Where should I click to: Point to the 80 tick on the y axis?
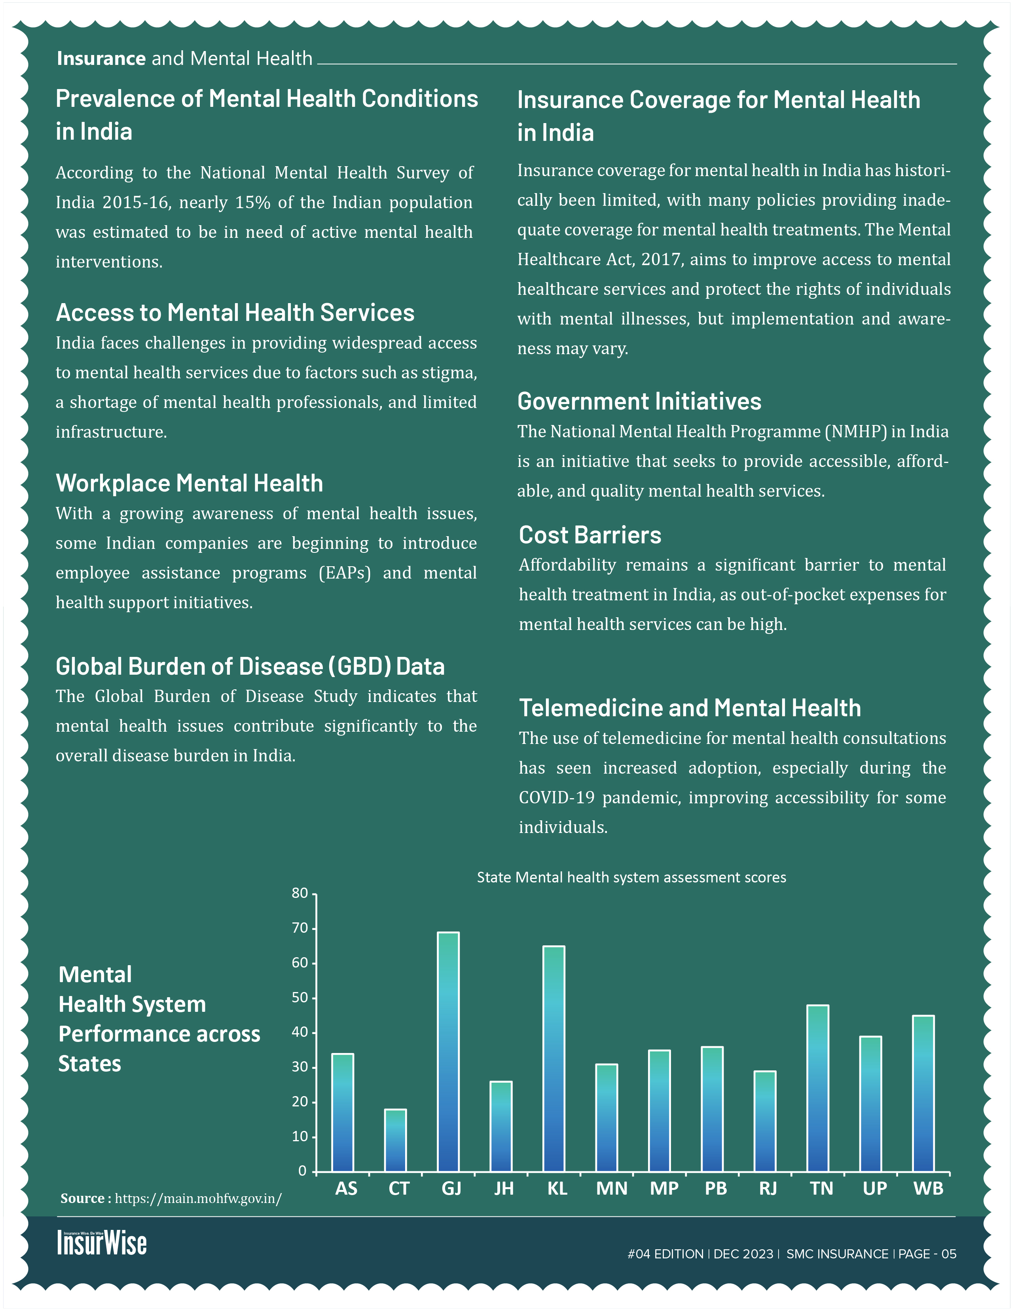coord(300,893)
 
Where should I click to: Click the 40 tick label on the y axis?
coord(300,1032)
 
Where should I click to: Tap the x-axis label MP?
coord(664,1189)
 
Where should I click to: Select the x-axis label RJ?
coord(768,1189)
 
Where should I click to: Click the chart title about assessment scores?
coord(631,878)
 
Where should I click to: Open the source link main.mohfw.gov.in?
coord(198,1199)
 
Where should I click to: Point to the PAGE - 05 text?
coord(927,1254)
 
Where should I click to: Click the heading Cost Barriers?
coord(590,535)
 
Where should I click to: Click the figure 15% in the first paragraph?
coord(252,203)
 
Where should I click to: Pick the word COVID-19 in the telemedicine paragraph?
coord(556,798)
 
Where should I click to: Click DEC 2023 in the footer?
coord(743,1254)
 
